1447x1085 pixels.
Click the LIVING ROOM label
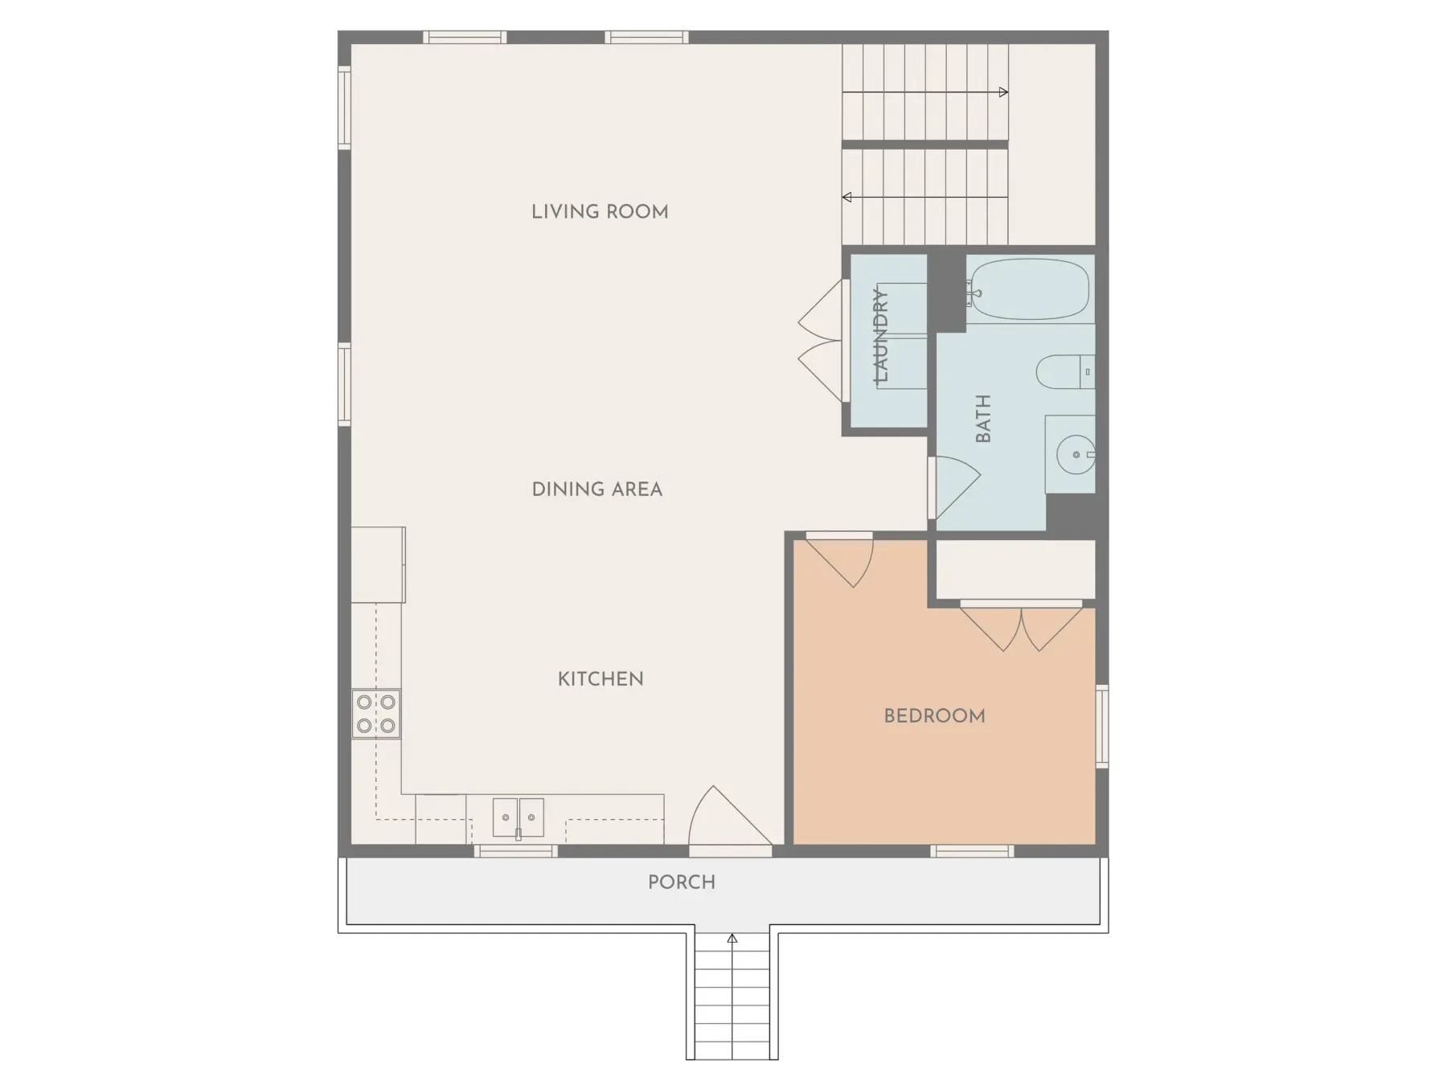(x=600, y=211)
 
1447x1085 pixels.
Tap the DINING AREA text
(x=597, y=489)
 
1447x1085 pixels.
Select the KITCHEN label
(x=601, y=679)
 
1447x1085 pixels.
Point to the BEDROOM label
(x=934, y=716)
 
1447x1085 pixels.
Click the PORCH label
(x=682, y=882)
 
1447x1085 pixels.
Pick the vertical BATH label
(x=983, y=419)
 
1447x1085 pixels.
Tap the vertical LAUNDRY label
(x=882, y=336)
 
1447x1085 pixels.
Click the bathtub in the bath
(x=1029, y=289)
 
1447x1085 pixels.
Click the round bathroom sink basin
(x=1076, y=455)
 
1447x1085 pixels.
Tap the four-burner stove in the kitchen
(x=376, y=714)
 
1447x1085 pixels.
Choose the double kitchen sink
(x=518, y=817)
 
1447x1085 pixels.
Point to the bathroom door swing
(x=954, y=487)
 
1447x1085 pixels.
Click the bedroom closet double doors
(x=1022, y=628)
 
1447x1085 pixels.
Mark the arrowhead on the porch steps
(x=732, y=938)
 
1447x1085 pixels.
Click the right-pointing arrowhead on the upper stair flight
(x=1003, y=92)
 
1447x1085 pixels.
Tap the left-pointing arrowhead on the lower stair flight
(x=847, y=197)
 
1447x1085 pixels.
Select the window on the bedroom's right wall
(x=1102, y=726)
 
